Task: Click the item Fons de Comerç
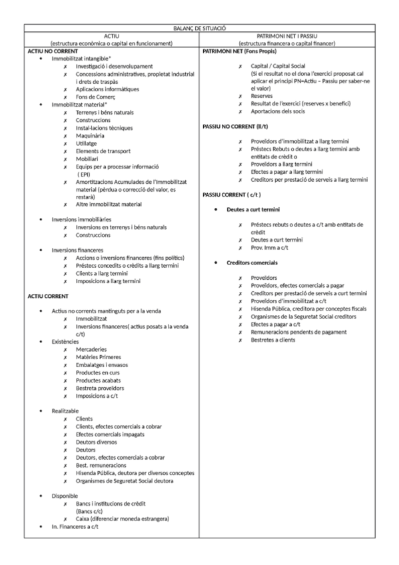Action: (x=97, y=97)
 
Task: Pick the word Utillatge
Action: (x=90, y=143)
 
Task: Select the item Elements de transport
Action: (x=103, y=151)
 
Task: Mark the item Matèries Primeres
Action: (x=98, y=357)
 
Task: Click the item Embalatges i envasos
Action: (x=102, y=364)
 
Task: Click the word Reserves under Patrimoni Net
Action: (x=262, y=96)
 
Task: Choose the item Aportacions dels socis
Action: (x=279, y=111)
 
